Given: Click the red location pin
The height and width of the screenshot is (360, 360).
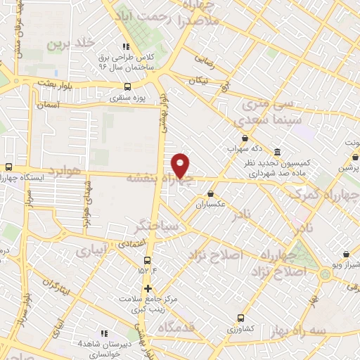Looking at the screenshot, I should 181,165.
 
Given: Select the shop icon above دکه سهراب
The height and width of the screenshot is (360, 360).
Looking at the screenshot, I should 244,139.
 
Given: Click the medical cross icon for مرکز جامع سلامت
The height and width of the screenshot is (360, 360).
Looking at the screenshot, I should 148,288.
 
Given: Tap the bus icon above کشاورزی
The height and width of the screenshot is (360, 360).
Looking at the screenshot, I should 242,318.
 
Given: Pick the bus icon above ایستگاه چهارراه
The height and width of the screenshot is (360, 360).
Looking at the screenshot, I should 8,167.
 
